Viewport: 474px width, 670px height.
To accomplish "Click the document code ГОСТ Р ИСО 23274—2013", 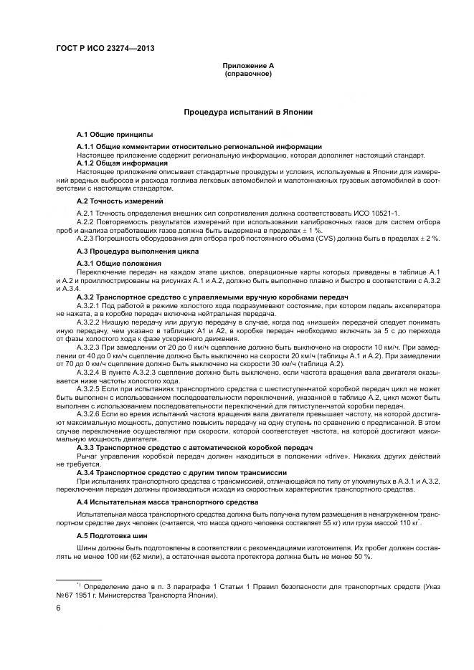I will click(105, 48).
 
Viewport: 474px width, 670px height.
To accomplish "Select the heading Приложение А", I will click(248, 66).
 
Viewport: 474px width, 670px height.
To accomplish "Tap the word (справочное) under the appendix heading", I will click(248, 74).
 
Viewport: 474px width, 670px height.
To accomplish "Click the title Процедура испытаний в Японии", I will click(247, 113).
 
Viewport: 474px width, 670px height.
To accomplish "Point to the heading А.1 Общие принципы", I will click(114, 135).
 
